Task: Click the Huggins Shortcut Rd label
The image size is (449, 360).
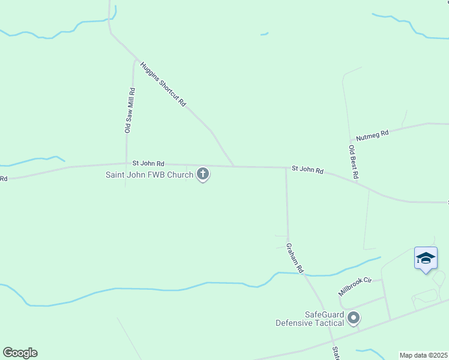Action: [164, 84]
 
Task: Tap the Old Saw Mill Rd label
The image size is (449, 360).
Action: [129, 110]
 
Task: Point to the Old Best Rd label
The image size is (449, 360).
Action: [354, 162]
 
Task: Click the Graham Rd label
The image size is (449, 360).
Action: [295, 257]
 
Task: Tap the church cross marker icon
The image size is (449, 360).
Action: [203, 174]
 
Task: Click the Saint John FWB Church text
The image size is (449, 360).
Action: [149, 175]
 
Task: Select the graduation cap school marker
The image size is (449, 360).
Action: [426, 259]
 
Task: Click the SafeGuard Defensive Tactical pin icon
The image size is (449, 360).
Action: [354, 317]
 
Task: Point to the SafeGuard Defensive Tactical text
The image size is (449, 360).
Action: [310, 319]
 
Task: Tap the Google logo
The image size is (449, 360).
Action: [20, 353]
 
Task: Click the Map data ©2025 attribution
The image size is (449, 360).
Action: [423, 355]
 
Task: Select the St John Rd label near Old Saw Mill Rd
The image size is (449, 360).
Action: [148, 163]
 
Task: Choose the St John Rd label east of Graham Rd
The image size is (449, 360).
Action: [307, 170]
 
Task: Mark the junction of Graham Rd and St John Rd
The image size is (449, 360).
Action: [286, 168]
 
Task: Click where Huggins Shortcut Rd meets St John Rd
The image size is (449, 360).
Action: [234, 166]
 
